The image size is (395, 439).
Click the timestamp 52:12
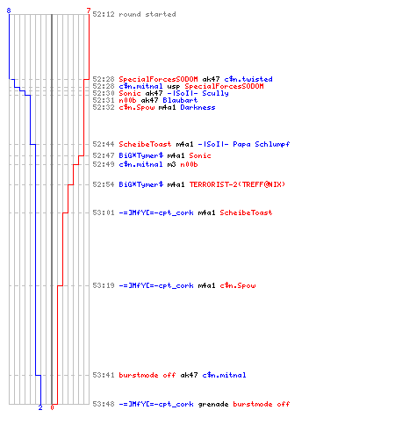click(x=104, y=14)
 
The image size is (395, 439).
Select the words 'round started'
click(x=147, y=14)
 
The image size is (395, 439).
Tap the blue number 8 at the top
click(x=9, y=11)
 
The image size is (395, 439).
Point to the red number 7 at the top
click(x=89, y=11)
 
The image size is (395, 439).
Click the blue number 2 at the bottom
click(x=40, y=407)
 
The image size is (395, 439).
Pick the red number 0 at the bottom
click(x=52, y=407)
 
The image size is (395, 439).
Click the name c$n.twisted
click(x=248, y=79)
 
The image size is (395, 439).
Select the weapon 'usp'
click(x=174, y=86)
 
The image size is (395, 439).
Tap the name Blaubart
click(x=180, y=100)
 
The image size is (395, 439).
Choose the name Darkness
click(x=197, y=107)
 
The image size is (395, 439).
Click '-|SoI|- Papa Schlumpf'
click(x=244, y=144)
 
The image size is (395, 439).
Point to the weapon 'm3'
click(x=171, y=164)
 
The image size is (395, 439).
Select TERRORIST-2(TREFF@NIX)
click(x=237, y=184)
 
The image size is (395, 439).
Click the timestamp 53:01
click(x=104, y=212)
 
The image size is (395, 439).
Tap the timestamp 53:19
click(x=104, y=285)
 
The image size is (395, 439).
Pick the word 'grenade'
click(x=213, y=404)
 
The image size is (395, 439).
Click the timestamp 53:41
click(x=104, y=375)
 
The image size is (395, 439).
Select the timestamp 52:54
click(x=104, y=184)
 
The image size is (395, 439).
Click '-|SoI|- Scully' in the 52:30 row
click(x=198, y=93)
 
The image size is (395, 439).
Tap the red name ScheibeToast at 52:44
click(x=145, y=144)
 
